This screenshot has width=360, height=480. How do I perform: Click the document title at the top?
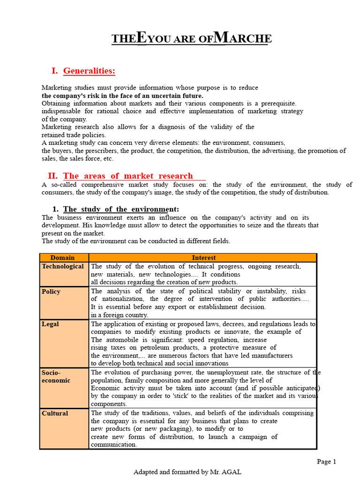[x=191, y=38]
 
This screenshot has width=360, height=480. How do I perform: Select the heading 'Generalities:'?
[x=89, y=71]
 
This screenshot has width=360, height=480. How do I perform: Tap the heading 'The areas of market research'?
[x=128, y=176]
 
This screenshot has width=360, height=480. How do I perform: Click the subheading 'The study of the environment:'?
[x=121, y=209]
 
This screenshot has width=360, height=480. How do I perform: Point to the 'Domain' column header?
[x=63, y=258]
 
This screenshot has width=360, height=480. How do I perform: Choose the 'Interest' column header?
[x=204, y=258]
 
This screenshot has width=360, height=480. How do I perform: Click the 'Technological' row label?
[x=63, y=266]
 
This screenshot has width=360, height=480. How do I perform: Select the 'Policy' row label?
[x=51, y=292]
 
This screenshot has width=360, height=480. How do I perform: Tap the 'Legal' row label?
[x=50, y=324]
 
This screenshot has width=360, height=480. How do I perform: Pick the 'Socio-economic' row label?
[x=56, y=376]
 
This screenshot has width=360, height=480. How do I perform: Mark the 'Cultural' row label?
[x=55, y=413]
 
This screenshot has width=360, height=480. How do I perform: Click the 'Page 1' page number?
[x=326, y=462]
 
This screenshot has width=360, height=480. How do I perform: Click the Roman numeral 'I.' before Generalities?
[x=54, y=71]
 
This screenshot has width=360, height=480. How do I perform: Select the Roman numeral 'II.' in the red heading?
[x=52, y=176]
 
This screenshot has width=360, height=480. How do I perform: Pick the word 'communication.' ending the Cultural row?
[x=114, y=445]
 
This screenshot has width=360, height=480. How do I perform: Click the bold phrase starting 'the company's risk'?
[x=122, y=96]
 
